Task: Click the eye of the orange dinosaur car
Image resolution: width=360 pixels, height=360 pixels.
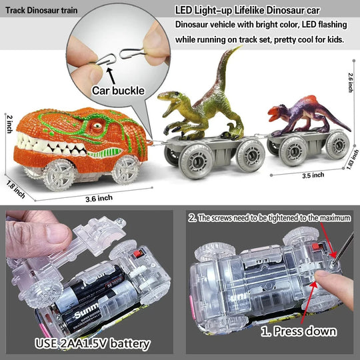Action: pos(97,125)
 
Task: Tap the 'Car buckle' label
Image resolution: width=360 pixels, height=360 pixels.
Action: pos(118,91)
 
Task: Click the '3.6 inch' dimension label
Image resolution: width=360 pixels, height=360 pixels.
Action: pos(99,199)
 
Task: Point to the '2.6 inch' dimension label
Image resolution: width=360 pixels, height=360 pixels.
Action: pos(351,83)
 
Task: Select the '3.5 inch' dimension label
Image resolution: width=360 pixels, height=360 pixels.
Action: pos(313,175)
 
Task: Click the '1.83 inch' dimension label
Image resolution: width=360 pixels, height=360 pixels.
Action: pos(353,159)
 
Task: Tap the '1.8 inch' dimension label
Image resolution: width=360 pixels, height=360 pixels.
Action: pos(15,189)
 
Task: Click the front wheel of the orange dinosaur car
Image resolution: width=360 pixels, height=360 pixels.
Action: pos(59,175)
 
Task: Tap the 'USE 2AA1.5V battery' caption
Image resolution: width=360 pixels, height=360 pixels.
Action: pos(93,343)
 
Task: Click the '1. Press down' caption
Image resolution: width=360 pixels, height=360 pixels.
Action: pos(299,331)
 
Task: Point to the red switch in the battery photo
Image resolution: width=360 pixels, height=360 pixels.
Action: pos(138,254)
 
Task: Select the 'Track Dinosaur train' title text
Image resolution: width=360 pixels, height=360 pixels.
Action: pos(41,10)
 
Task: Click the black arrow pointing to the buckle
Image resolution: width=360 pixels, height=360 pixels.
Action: pos(111,76)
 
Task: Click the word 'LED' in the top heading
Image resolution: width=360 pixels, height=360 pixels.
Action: pos(183,10)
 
